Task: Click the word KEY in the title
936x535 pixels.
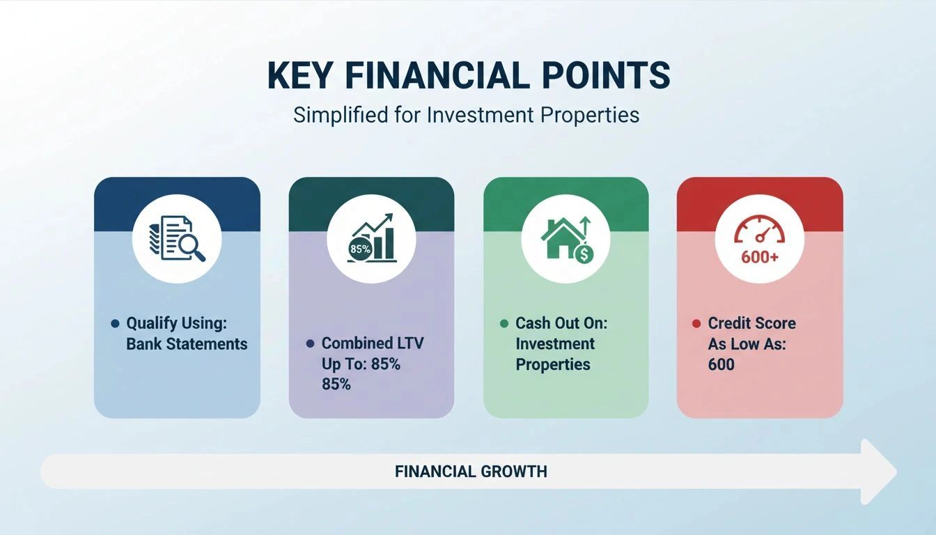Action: [x=300, y=75]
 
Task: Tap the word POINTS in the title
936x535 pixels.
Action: [x=606, y=75]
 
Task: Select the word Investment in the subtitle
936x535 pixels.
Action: [x=480, y=114]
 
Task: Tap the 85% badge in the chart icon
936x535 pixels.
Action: [x=360, y=249]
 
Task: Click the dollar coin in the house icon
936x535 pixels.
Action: [x=584, y=254]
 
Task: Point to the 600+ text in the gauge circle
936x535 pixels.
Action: [x=760, y=256]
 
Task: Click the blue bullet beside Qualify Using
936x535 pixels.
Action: [x=116, y=323]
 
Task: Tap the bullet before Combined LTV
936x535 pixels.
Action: [x=310, y=343]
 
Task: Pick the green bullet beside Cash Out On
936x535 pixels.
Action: [x=504, y=323]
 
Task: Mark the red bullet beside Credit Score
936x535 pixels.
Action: [x=696, y=323]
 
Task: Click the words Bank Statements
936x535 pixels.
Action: [x=187, y=344]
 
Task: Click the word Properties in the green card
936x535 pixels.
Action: [x=553, y=364]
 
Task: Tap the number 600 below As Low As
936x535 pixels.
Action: [x=721, y=364]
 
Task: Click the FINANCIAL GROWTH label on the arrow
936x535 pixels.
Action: [x=471, y=472]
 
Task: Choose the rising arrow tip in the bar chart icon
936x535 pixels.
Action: [x=389, y=217]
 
